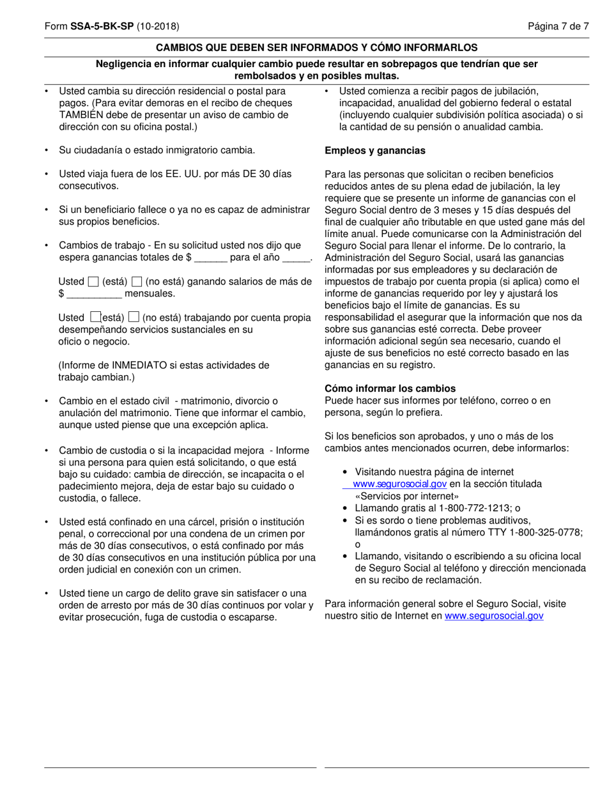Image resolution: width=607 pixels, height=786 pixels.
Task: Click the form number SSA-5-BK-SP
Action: tap(102, 27)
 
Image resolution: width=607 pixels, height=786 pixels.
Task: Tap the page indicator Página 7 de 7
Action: tap(558, 27)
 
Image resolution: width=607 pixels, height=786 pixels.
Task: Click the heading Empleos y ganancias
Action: tap(374, 151)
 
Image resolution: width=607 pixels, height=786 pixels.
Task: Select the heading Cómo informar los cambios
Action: tap(390, 389)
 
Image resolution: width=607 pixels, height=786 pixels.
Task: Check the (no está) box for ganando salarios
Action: tap(136, 282)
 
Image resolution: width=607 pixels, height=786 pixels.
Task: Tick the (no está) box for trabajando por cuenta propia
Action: tap(134, 317)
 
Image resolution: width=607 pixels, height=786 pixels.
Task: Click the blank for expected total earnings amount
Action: tap(211, 258)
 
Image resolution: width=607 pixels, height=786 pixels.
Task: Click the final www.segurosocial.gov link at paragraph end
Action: tap(494, 616)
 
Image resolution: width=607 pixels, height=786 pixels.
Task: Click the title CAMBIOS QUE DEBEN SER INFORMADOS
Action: tap(316, 47)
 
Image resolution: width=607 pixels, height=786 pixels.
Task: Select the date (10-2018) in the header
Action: tap(158, 27)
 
